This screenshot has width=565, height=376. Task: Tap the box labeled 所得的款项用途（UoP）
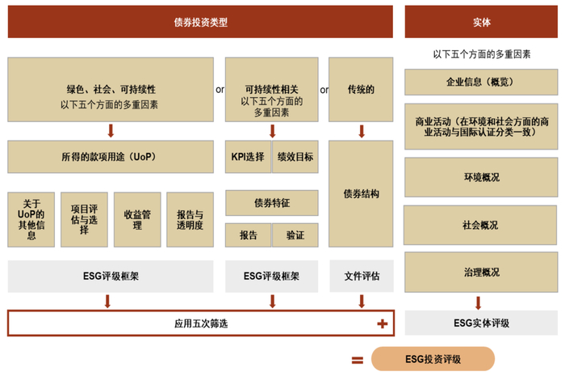click(x=111, y=156)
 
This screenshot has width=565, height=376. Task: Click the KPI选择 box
click(x=248, y=156)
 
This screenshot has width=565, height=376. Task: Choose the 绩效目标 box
click(x=295, y=156)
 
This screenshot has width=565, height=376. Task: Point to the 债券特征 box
click(x=271, y=202)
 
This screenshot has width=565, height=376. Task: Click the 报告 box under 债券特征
click(x=248, y=235)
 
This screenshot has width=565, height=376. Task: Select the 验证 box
click(x=295, y=235)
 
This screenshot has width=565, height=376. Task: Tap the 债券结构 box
click(x=362, y=194)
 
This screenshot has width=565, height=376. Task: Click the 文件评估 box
click(x=362, y=276)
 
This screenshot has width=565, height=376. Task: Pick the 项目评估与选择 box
click(x=83, y=219)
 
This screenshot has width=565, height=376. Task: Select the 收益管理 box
click(x=136, y=219)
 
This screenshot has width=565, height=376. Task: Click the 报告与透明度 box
click(x=190, y=219)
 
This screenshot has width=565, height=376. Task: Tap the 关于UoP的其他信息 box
click(x=31, y=219)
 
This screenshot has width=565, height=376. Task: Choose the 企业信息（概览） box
click(x=481, y=82)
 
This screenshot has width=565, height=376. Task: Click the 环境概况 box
click(x=481, y=177)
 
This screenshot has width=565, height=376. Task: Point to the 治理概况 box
click(x=481, y=272)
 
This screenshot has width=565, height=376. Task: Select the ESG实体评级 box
click(x=481, y=323)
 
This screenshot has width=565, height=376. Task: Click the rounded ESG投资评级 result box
click(x=433, y=359)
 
